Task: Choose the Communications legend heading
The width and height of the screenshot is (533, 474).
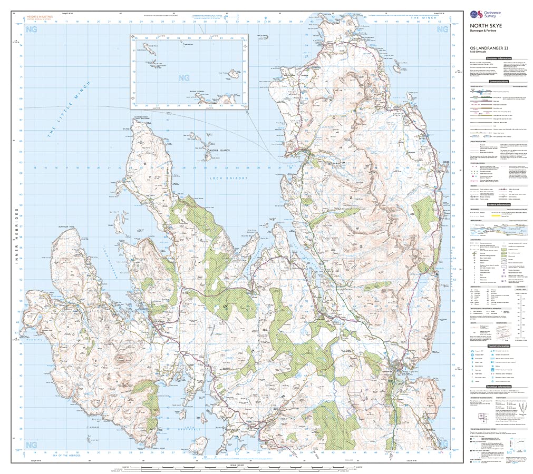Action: tap(498, 82)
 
